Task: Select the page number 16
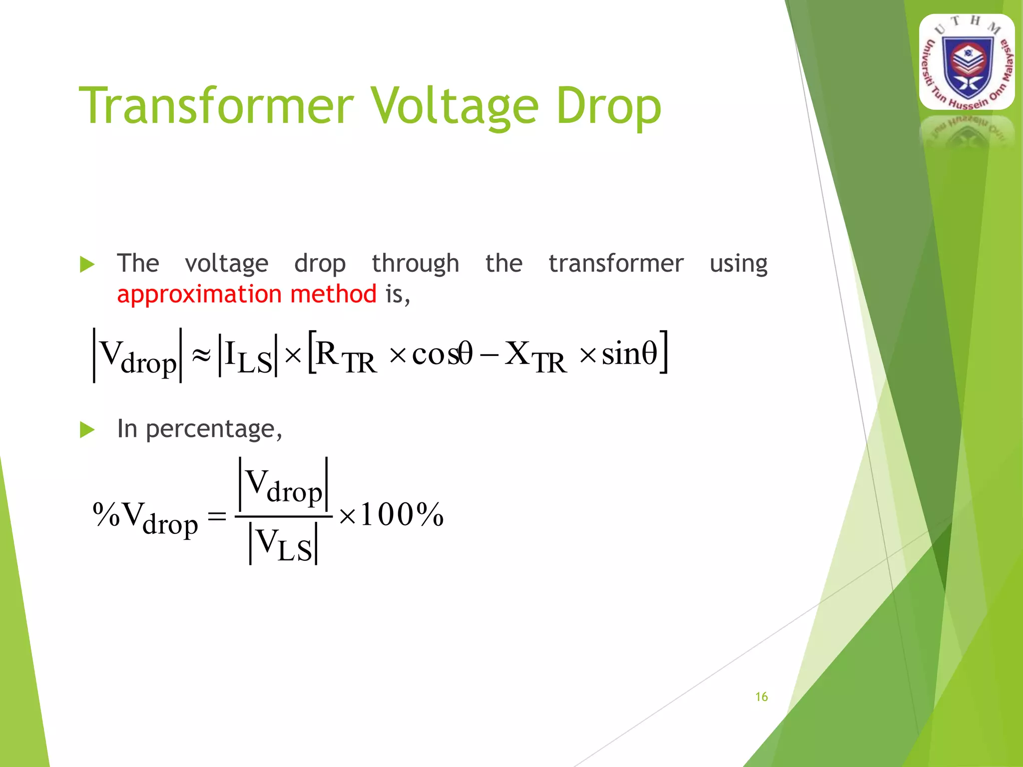coord(761,697)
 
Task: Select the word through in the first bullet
coord(415,264)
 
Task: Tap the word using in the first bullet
coord(738,264)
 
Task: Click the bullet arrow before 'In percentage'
coord(87,429)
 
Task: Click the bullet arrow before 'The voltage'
coord(87,264)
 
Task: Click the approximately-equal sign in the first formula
coord(201,356)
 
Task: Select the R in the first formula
coord(328,354)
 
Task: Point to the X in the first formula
coord(517,354)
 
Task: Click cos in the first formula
coord(434,355)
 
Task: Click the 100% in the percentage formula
coord(402,514)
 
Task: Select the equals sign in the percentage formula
coord(217,515)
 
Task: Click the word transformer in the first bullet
coord(616,264)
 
